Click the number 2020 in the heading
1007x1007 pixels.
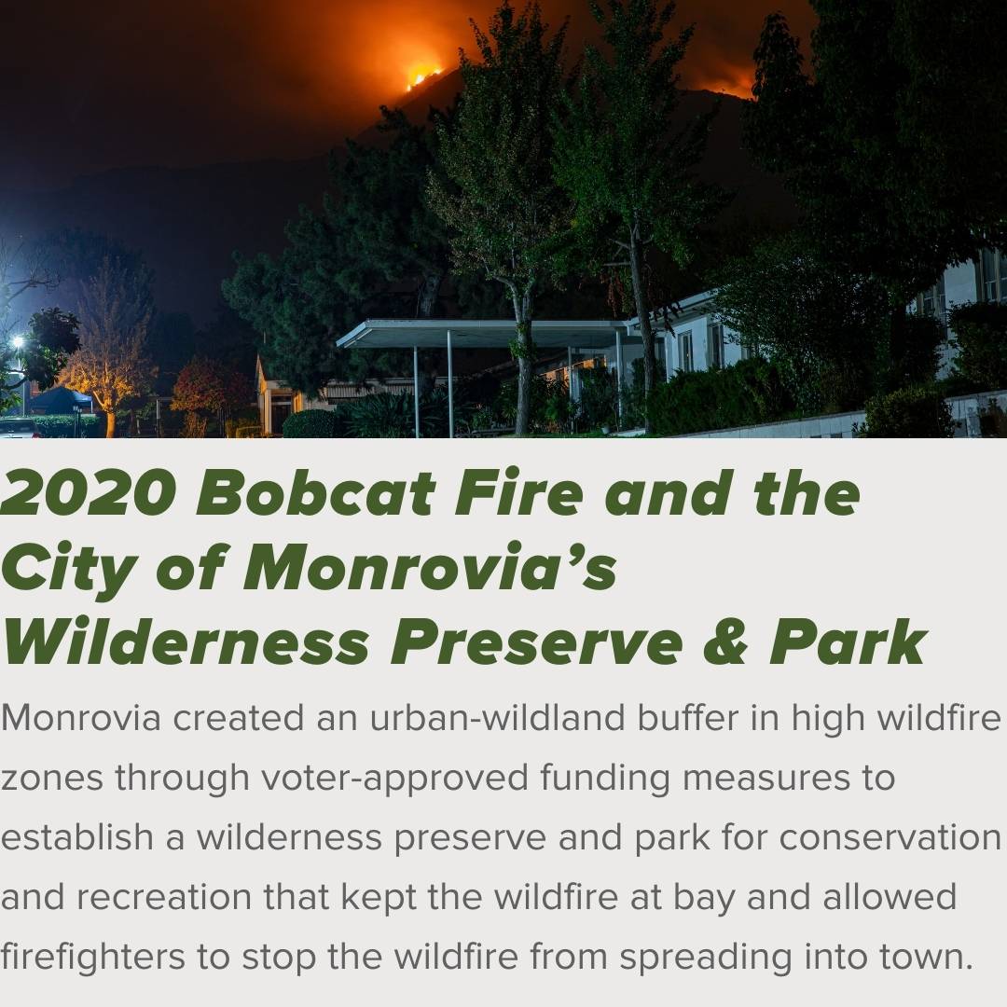coord(89,492)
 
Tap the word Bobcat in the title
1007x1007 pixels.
coord(317,492)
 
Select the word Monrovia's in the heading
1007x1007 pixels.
coord(430,567)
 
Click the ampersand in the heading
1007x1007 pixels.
coord(725,641)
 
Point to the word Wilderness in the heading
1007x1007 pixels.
coord(186,641)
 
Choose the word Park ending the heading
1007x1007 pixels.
coord(848,641)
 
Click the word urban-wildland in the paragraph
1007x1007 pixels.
coord(497,717)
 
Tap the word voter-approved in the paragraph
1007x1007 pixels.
coord(394,779)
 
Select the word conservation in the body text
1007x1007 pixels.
coord(890,837)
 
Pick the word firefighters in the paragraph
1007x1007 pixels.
coord(92,957)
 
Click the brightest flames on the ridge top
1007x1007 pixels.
coord(423,74)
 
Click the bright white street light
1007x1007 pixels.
coord(18,341)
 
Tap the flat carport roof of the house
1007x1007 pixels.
coord(482,334)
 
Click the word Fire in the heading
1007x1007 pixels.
coord(519,492)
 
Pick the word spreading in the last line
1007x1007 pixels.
coord(705,958)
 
